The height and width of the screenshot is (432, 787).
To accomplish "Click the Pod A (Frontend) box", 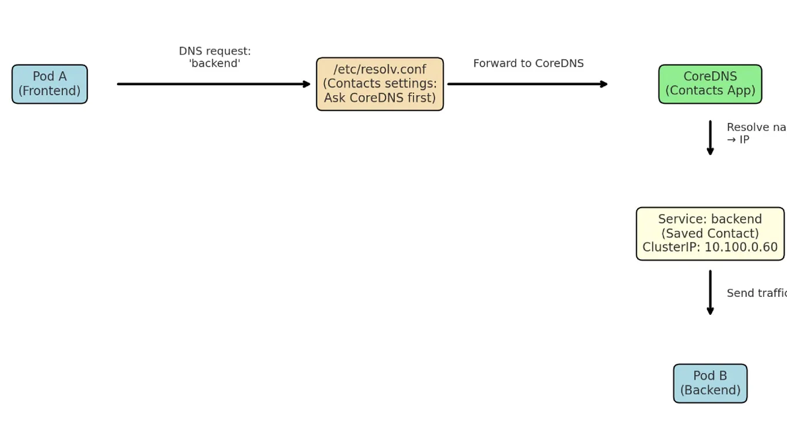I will click(x=49, y=84).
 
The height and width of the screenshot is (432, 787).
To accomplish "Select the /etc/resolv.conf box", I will click(x=380, y=84).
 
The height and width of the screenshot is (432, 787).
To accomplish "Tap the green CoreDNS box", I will click(x=710, y=84).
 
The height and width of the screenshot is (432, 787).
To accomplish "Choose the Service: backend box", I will click(x=710, y=234).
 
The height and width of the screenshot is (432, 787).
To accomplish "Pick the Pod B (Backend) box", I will click(x=710, y=383).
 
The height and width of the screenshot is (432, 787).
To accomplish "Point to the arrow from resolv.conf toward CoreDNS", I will click(x=527, y=84).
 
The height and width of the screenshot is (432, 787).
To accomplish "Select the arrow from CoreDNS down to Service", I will click(x=710, y=138).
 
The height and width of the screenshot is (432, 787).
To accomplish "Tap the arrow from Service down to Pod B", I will click(x=710, y=292).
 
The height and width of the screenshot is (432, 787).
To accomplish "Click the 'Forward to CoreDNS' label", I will click(x=528, y=63).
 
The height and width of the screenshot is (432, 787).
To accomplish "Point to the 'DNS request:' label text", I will click(x=214, y=51).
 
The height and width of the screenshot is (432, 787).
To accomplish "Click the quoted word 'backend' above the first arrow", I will click(x=214, y=64).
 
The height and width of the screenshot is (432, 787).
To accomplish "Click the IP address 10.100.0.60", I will click(x=741, y=248).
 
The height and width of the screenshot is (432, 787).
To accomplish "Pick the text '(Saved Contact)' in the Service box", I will click(x=710, y=233).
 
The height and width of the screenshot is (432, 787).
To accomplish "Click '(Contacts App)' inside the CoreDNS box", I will click(x=710, y=90).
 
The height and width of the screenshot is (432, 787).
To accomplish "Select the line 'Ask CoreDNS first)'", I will click(x=380, y=97).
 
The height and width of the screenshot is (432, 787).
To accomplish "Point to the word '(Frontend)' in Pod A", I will click(x=49, y=90).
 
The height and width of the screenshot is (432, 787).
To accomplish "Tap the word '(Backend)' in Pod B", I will click(x=710, y=390).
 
